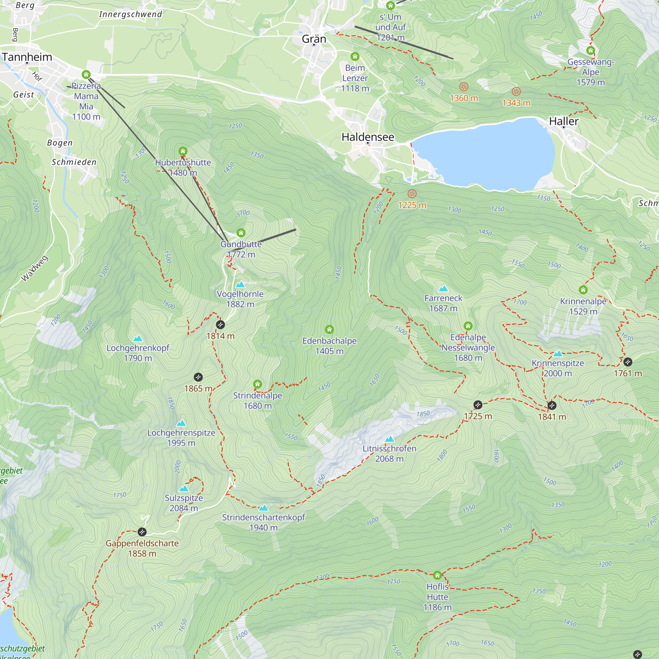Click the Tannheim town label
tap(27, 57)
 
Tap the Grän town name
tap(314, 39)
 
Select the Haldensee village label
tap(368, 137)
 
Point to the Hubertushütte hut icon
tap(183, 151)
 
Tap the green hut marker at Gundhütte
tap(241, 233)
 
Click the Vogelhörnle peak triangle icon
tap(240, 284)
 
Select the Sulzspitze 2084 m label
tap(184, 503)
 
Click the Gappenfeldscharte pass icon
tap(142, 531)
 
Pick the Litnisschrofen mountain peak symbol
tap(389, 439)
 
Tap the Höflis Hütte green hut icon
tap(437, 575)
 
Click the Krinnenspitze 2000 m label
tap(558, 368)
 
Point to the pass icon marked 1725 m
tap(478, 405)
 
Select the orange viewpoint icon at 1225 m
tap(412, 194)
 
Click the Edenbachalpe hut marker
tap(329, 329)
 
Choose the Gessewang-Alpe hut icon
tap(590, 51)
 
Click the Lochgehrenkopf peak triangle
tap(138, 338)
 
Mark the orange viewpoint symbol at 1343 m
tap(516, 91)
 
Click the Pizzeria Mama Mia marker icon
tap(86, 74)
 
